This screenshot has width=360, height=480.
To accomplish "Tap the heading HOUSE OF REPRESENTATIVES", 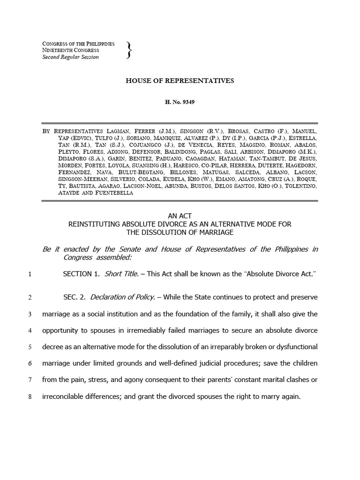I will click(x=180, y=81).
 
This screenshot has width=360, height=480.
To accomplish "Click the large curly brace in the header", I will click(x=129, y=51).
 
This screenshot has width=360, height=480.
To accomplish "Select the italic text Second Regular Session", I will click(x=70, y=57).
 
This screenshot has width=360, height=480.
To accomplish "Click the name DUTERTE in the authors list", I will click(x=263, y=165).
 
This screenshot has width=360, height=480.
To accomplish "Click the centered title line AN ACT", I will click(x=180, y=216).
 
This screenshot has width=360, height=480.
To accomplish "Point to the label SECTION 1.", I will click(x=82, y=273).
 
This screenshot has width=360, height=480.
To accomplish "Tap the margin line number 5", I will click(x=30, y=347).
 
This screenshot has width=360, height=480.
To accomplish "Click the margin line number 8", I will click(x=30, y=396).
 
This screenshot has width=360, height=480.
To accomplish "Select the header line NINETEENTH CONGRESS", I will click(x=70, y=50).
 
